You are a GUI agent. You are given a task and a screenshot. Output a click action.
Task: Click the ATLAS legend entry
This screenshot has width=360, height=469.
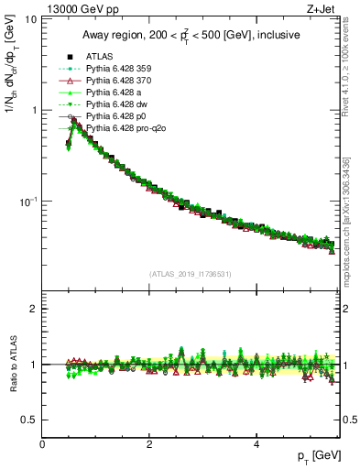tap(99, 57)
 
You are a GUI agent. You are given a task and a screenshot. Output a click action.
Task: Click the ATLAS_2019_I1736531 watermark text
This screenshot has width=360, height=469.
tap(191, 274)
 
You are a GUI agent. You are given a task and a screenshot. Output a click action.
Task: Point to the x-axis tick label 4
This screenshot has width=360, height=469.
tap(256, 443)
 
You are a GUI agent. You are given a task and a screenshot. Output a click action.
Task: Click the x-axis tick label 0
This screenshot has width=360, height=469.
tap(43, 443)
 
